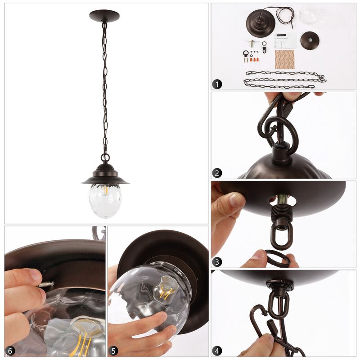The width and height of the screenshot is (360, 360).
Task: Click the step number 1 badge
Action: [x=218, y=84]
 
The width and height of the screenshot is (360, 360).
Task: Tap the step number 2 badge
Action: [x=218, y=173]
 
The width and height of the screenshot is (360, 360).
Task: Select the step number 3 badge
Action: [x=218, y=261]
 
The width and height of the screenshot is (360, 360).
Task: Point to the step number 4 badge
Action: [x=218, y=351]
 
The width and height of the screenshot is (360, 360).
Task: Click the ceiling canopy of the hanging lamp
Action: [x=104, y=16]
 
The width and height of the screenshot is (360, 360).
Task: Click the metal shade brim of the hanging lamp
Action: [x=105, y=181]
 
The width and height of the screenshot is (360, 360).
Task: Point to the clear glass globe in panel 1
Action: [x=308, y=14]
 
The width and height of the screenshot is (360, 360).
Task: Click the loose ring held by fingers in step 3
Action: [x=275, y=258]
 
